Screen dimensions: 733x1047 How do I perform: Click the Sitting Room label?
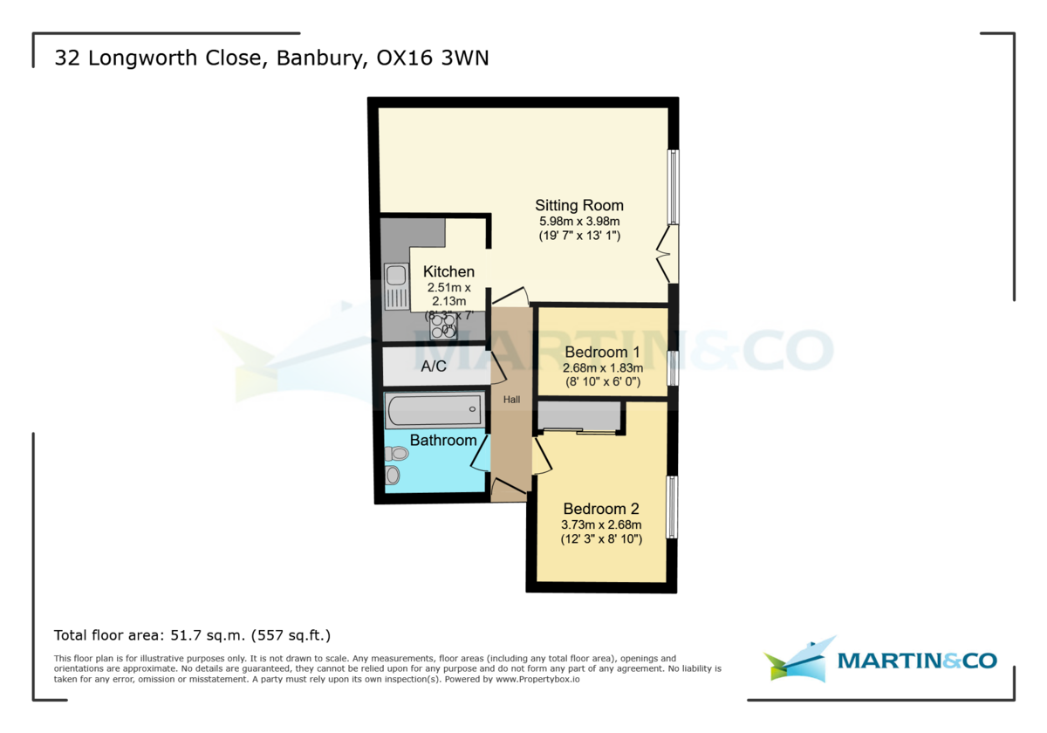coord(579,206)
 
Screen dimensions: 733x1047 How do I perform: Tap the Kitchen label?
coord(448,272)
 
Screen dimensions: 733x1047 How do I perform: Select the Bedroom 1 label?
coord(602,353)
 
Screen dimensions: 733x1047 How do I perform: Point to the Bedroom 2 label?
coord(601,509)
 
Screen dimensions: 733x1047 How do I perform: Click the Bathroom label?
coord(443,441)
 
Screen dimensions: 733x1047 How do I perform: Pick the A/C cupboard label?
coord(434,366)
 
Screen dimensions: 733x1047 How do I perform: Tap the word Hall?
coord(511,400)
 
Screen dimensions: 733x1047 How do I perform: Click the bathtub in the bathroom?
coord(434,408)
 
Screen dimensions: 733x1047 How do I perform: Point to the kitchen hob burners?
coord(443,325)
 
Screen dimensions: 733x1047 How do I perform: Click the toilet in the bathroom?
coord(396,454)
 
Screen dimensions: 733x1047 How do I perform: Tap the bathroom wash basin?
coord(393,476)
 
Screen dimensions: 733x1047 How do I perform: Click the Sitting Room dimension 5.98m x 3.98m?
coord(579,222)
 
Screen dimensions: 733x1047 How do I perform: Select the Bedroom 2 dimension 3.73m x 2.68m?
coord(601,524)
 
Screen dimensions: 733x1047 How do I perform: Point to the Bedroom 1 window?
coord(673,367)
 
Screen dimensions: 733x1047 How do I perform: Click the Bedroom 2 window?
coord(672,507)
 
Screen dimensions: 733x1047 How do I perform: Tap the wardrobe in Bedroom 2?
coord(579,417)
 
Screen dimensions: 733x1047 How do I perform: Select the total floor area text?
coord(193,635)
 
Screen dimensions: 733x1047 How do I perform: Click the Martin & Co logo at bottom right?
coord(880,661)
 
